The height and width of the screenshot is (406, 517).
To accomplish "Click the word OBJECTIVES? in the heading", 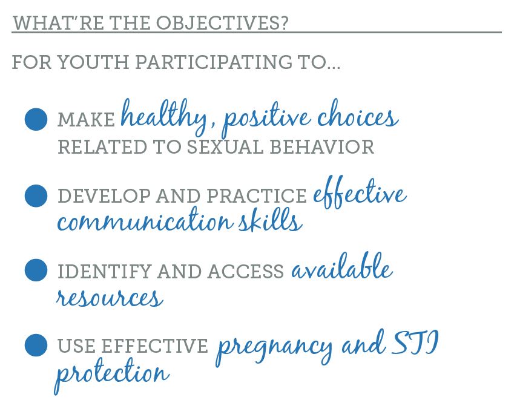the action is coord(222,23).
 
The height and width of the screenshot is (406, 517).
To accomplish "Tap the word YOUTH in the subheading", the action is coord(93,62).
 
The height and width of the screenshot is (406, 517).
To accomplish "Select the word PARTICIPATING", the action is coord(214,62).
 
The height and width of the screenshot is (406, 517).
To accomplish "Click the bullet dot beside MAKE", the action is coord(36,119).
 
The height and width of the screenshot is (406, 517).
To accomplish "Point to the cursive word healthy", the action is coord(164,117).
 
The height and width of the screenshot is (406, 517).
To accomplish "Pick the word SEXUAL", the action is coord(225,147).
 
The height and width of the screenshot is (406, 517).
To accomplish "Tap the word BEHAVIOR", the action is coord(322,147).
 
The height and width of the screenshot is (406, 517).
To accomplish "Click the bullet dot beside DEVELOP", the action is coord(36,196).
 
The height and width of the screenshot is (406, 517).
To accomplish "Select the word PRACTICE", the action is coord(257,196).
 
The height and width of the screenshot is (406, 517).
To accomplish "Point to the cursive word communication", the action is coord(145,220).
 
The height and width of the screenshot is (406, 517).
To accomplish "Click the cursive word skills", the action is coord(271,219).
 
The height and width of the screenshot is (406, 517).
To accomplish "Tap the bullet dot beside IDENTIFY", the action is coord(36,270).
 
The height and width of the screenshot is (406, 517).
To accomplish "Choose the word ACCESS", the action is coord(245,272).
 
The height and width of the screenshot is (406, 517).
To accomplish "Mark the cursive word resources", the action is coord(110,297).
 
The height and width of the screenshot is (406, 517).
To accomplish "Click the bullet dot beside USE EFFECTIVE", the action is coord(36,345).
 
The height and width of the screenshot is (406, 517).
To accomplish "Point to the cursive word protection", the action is coord(112,375).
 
